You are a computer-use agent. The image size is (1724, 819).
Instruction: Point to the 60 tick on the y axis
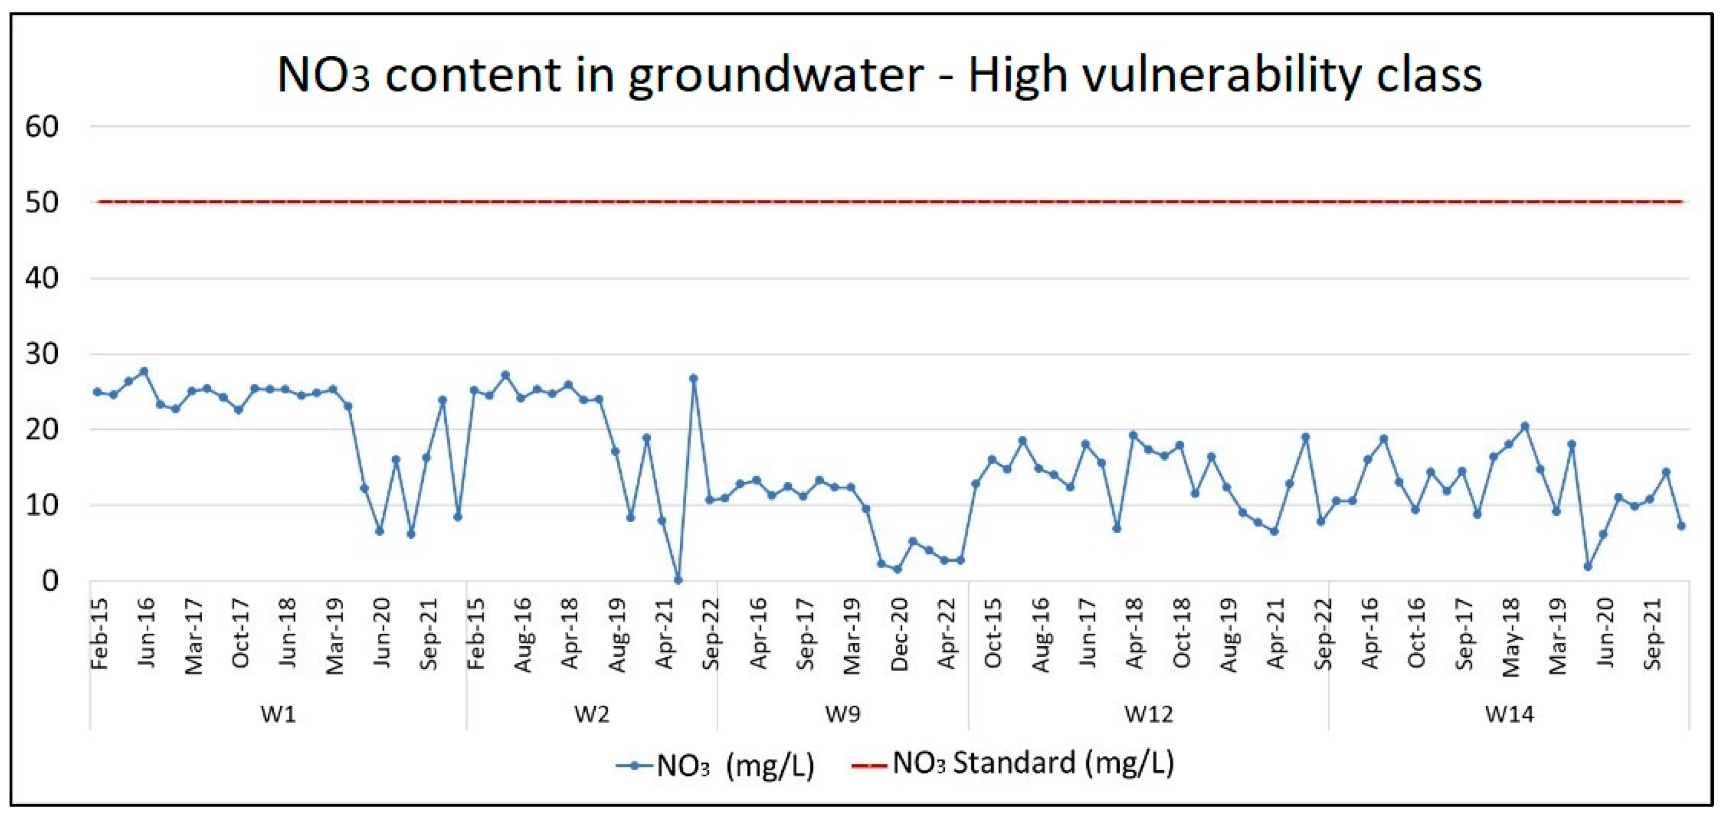[x=42, y=126]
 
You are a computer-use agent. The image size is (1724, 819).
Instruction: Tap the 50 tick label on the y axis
[x=42, y=202]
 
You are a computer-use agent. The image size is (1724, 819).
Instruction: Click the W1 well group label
[x=278, y=714]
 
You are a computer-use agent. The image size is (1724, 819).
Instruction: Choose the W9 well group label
[x=842, y=714]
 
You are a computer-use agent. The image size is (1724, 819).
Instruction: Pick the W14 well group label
[x=1509, y=714]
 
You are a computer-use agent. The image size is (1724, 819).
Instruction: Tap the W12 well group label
[x=1148, y=714]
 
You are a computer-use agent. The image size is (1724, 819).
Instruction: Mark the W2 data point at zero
[x=678, y=580]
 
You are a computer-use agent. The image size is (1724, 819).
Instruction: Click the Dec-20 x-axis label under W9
[x=899, y=634]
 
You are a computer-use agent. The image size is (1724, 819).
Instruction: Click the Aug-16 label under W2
[x=523, y=635]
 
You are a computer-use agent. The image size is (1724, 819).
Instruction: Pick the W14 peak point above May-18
[x=1525, y=426]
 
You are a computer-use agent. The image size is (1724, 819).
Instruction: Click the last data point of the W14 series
[x=1681, y=526]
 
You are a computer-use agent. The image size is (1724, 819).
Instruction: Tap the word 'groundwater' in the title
[x=776, y=75]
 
